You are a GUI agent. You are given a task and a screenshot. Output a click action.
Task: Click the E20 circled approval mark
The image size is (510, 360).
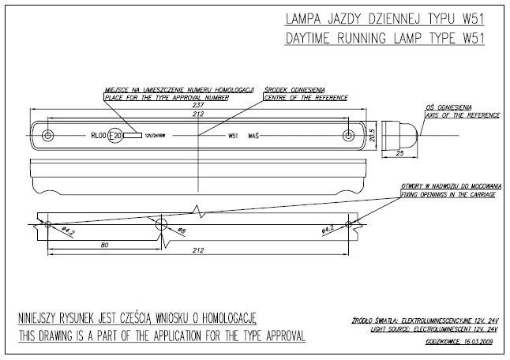[x=115, y=135]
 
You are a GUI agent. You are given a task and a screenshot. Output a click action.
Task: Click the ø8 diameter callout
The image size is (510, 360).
[x=182, y=232]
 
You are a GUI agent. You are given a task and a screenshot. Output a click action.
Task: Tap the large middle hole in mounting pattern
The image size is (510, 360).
[x=162, y=225]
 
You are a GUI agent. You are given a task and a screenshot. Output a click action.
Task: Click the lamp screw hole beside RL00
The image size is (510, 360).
[x=50, y=135]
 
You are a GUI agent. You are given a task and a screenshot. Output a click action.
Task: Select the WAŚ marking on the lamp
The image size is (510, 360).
[x=253, y=136]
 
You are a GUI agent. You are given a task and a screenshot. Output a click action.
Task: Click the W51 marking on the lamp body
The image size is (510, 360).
[x=233, y=136]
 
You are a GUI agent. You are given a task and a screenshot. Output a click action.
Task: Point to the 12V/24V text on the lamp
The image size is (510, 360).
[x=155, y=136]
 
